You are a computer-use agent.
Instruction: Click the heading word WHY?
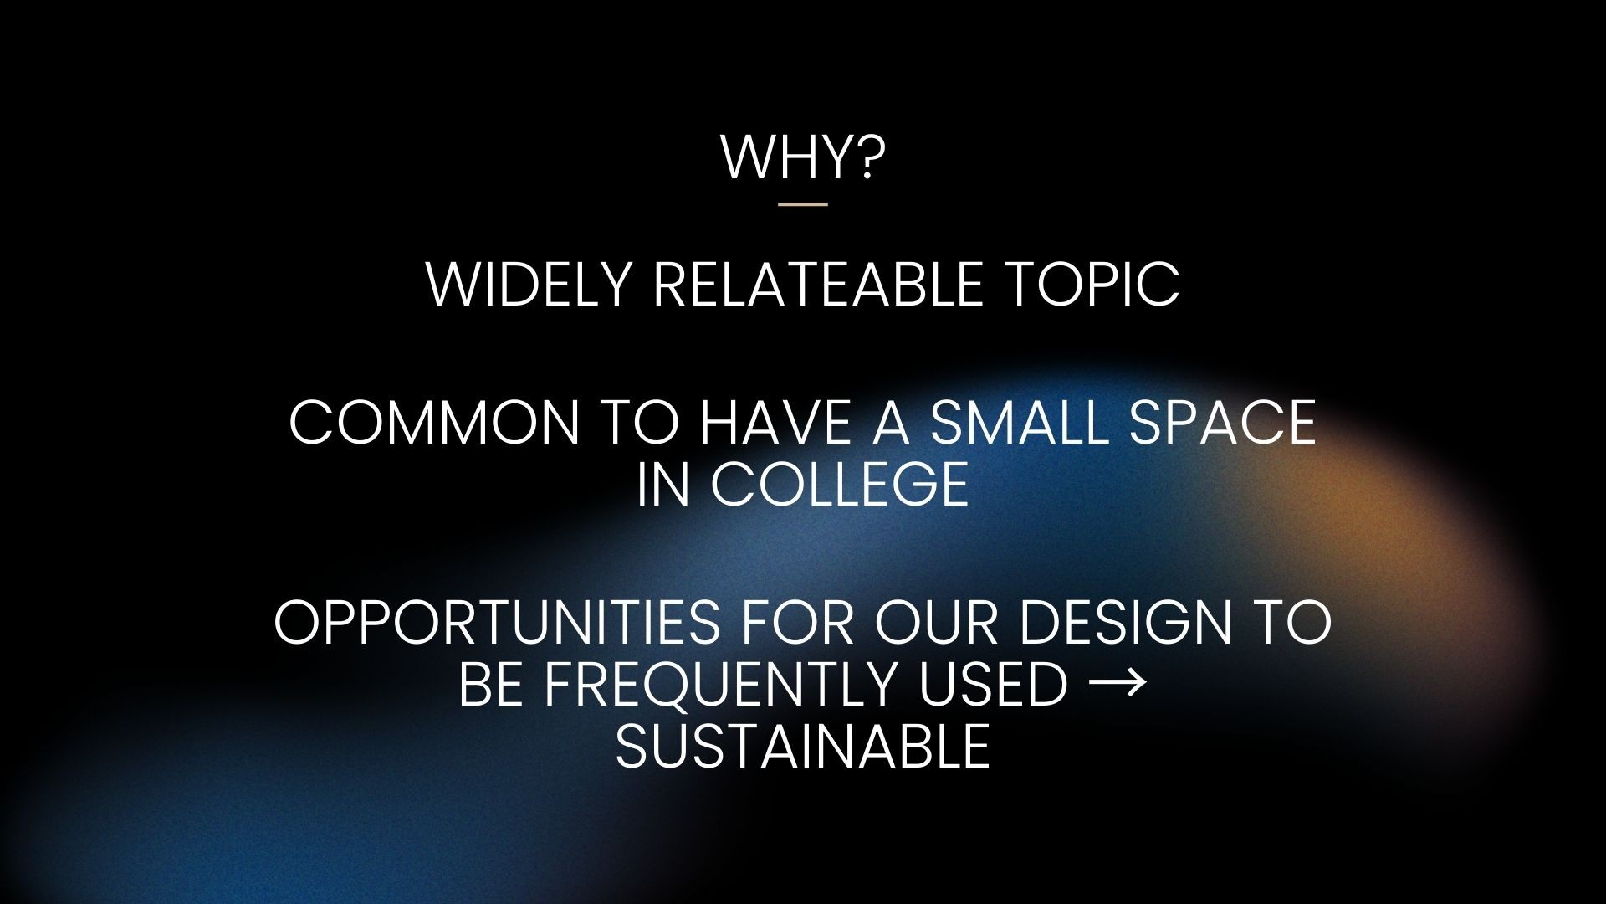802,156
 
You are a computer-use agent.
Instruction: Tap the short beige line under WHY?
802,203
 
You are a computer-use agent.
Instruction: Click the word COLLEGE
840,483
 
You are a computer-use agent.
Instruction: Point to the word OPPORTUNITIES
497,622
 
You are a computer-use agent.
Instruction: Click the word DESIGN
1128,622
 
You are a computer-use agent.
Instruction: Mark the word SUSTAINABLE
803,745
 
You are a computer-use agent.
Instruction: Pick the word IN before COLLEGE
662,483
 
